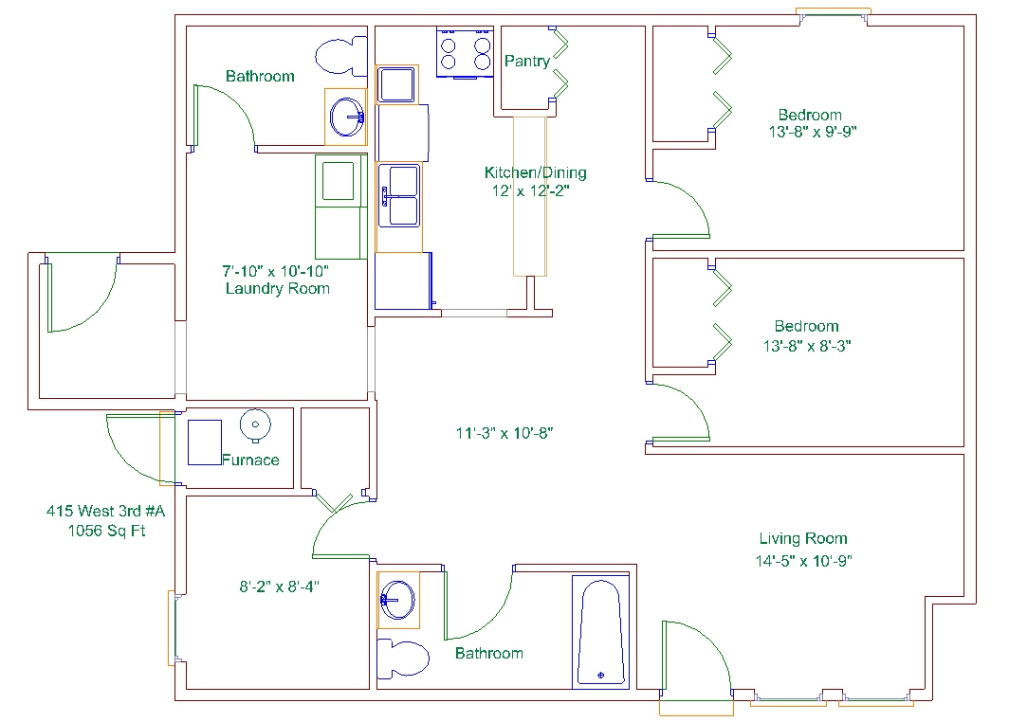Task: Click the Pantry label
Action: tap(527, 61)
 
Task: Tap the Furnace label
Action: tap(250, 460)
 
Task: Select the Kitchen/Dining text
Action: tap(536, 172)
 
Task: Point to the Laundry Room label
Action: tap(277, 288)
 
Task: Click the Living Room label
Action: tap(803, 538)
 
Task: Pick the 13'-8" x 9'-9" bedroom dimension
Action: tap(813, 132)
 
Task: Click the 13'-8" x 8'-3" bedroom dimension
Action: tap(807, 346)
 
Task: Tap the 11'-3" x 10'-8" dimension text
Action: tap(504, 433)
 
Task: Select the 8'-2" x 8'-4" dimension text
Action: tap(279, 587)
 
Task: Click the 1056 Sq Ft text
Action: tap(107, 531)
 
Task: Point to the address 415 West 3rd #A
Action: tap(105, 511)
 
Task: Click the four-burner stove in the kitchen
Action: tap(465, 53)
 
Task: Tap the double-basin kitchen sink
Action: tap(399, 195)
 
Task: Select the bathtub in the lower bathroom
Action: tap(600, 632)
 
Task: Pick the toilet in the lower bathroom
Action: tap(403, 659)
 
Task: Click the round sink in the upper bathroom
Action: tap(347, 117)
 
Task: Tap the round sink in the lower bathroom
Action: tap(397, 600)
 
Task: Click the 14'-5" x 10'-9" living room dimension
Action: tap(804, 561)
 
